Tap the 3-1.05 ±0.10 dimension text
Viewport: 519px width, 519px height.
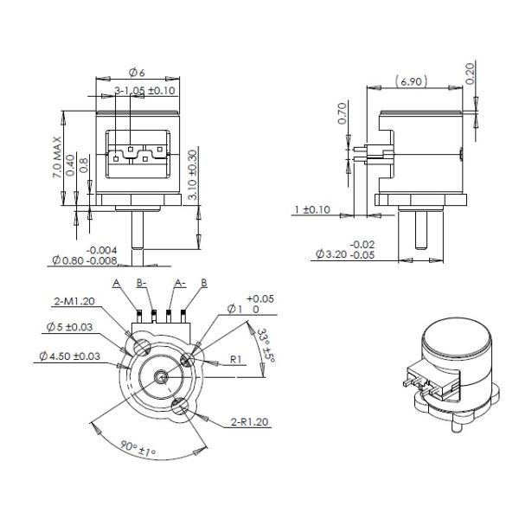click(x=145, y=90)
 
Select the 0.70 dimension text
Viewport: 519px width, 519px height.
click(x=342, y=115)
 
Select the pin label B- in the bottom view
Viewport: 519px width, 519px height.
click(x=142, y=283)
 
